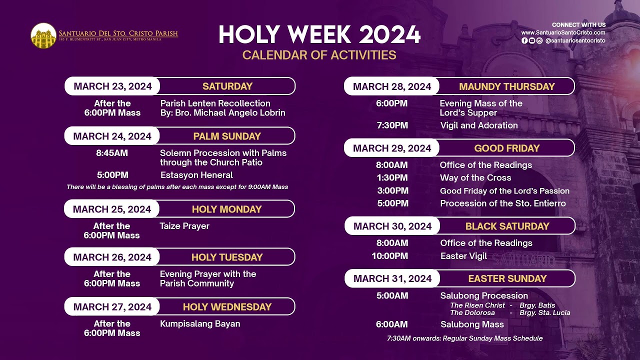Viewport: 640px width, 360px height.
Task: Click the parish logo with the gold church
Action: (43, 35)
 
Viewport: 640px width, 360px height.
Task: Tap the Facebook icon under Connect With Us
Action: (524, 40)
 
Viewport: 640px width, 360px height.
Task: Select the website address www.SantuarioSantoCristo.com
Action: (563, 32)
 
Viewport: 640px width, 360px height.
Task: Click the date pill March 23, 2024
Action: (112, 86)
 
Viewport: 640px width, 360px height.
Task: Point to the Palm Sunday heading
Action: (227, 136)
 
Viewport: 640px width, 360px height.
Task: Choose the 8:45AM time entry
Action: (112, 153)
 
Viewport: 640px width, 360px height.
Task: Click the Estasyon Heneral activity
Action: (196, 175)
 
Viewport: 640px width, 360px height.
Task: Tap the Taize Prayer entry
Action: (184, 226)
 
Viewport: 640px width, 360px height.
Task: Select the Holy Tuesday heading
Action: (227, 257)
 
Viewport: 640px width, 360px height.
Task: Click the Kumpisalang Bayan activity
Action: (200, 323)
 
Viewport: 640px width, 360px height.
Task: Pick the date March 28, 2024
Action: (392, 86)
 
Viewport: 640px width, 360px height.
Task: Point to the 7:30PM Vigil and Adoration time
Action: (392, 125)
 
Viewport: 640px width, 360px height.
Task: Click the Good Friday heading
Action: (507, 148)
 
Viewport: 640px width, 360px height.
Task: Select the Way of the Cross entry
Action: (475, 177)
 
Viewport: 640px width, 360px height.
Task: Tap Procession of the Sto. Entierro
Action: (503, 203)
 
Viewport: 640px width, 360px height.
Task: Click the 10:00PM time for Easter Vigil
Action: (389, 256)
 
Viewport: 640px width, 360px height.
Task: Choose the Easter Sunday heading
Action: (507, 278)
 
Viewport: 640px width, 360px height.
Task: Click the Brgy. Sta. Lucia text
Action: (545, 312)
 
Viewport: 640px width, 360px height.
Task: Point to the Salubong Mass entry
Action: (472, 324)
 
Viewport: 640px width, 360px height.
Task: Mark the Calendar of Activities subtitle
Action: (319, 55)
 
